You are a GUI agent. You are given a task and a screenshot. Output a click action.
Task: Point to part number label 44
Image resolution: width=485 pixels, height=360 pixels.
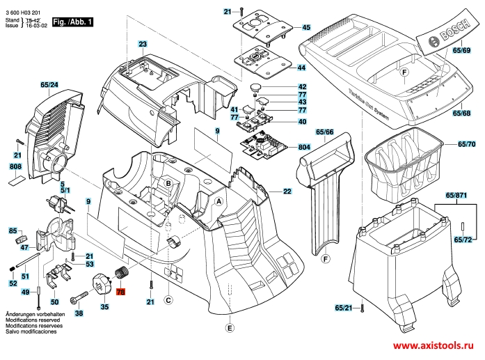(x=301, y=68)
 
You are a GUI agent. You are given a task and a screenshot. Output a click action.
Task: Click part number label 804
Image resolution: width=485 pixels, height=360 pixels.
(x=304, y=148)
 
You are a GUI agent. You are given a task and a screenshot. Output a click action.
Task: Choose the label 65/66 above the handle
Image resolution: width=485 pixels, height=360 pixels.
(x=325, y=132)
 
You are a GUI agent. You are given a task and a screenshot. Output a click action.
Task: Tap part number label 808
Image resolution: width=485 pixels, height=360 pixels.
(x=15, y=166)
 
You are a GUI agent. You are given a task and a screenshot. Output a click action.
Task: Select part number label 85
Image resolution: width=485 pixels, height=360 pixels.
(x=13, y=230)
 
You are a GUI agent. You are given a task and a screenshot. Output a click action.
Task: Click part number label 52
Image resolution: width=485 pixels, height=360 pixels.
(x=13, y=283)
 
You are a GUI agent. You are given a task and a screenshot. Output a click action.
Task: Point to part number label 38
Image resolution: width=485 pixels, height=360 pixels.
(x=79, y=314)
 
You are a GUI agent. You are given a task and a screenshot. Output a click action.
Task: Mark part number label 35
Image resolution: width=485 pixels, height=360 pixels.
(x=104, y=306)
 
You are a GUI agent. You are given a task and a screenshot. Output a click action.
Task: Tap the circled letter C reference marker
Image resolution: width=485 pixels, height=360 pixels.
(x=168, y=301)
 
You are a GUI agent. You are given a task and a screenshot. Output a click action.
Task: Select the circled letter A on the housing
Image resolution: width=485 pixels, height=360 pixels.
(x=218, y=201)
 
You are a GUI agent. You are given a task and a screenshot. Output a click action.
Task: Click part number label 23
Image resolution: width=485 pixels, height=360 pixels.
(x=143, y=44)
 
